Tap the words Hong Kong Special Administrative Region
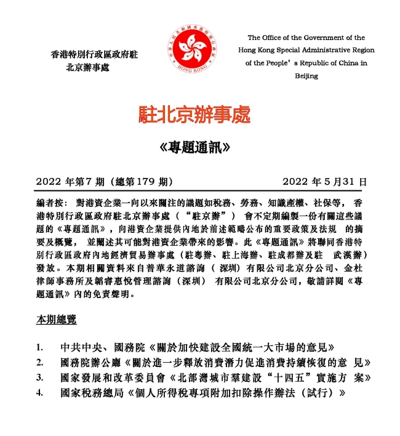[x=306, y=50]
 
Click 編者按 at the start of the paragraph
[x=49, y=203]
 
